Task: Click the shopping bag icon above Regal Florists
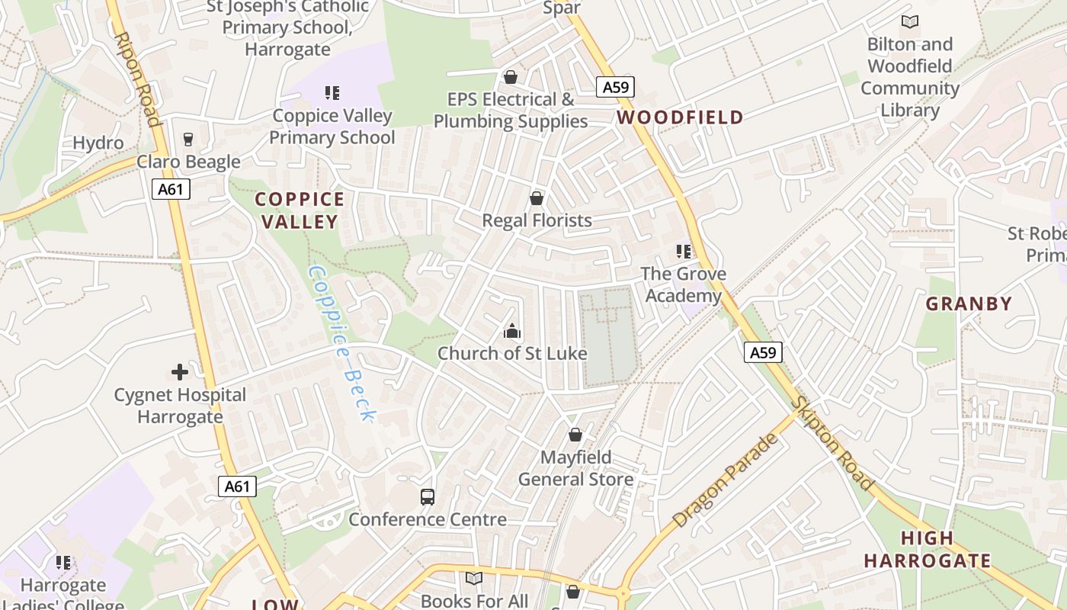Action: [x=537, y=198]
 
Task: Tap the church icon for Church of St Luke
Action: [x=511, y=331]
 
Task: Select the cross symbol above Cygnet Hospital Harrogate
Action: [x=180, y=372]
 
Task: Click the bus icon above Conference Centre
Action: [x=428, y=497]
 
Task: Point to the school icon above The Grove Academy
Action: [x=683, y=251]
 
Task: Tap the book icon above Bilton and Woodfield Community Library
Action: [x=909, y=21]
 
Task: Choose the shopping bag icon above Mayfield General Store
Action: [x=575, y=435]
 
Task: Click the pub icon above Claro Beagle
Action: [x=188, y=139]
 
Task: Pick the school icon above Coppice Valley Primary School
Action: [x=332, y=93]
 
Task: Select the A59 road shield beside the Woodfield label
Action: [x=615, y=87]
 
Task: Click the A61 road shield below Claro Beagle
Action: [x=171, y=188]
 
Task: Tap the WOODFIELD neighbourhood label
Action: [x=680, y=117]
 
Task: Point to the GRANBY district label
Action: [x=969, y=304]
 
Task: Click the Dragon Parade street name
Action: [x=726, y=481]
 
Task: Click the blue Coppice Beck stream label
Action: [x=342, y=343]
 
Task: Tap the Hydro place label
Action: [x=98, y=143]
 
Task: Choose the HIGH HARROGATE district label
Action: [x=927, y=550]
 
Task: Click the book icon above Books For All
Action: [x=474, y=578]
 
